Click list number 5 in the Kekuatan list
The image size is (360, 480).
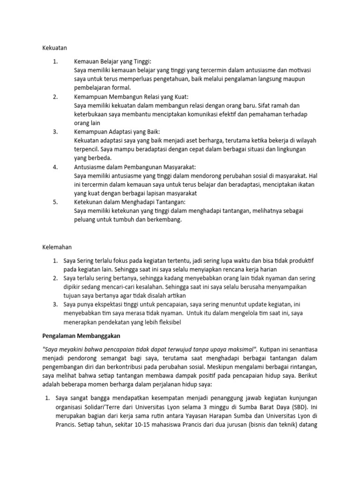[55, 202]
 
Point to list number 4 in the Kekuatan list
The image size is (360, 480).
[55, 167]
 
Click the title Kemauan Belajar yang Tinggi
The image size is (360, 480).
[113, 61]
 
